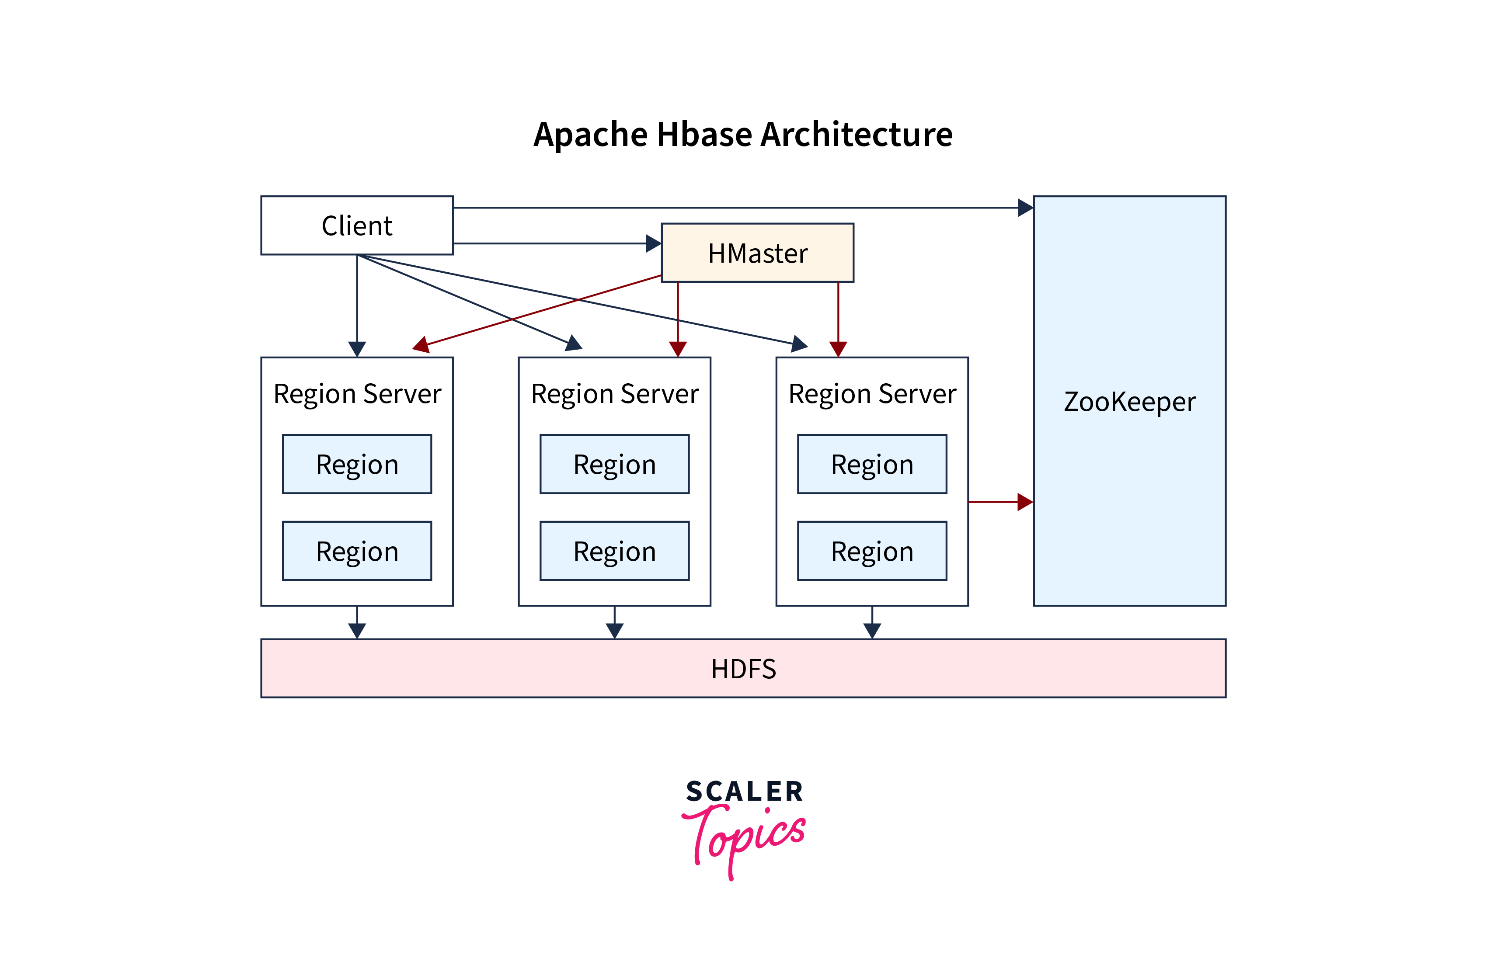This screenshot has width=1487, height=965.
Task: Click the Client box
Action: click(x=357, y=226)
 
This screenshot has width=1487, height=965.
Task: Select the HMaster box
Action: click(x=757, y=253)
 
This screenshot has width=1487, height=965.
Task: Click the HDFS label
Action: click(x=743, y=669)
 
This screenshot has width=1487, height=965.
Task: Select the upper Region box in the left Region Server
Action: click(x=357, y=464)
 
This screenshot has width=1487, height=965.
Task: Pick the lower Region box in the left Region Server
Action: click(x=357, y=551)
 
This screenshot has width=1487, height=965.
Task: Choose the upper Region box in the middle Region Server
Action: click(x=614, y=464)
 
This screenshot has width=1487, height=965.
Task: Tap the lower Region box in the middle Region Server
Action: click(x=614, y=551)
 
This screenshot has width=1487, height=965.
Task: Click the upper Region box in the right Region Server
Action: click(x=871, y=464)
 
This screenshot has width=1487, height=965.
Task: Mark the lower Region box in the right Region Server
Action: click(x=871, y=551)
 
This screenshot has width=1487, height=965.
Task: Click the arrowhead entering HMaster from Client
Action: click(x=653, y=243)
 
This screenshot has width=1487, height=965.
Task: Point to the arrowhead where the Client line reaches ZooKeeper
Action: click(x=1025, y=207)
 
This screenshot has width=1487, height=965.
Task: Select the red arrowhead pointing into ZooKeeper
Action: click(x=1025, y=502)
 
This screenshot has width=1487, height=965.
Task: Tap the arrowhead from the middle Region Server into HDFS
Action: click(x=614, y=630)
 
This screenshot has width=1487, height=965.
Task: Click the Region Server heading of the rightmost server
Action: click(x=871, y=393)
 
